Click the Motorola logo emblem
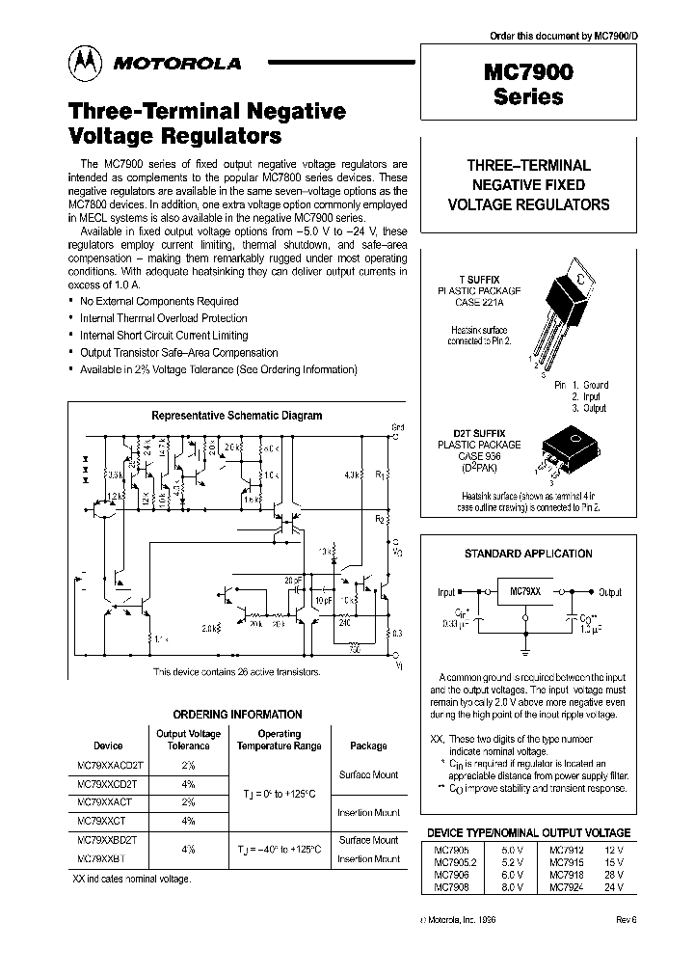(x=84, y=64)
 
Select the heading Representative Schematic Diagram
(x=237, y=416)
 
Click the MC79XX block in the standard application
(x=523, y=591)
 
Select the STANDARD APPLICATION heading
(x=528, y=554)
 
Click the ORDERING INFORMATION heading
(x=236, y=715)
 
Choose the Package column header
(x=368, y=746)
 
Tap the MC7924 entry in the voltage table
(x=565, y=885)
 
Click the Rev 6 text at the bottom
(x=627, y=919)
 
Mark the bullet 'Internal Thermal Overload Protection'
(x=163, y=317)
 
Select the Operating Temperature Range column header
(x=280, y=740)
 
